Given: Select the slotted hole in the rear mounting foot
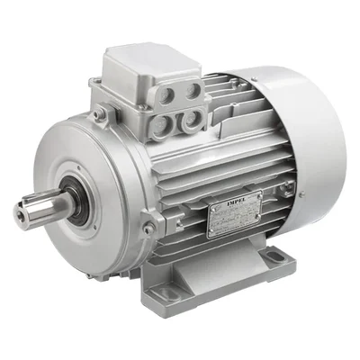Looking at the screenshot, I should pyautogui.click(x=275, y=259).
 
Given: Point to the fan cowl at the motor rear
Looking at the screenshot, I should pyautogui.click(x=306, y=135).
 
